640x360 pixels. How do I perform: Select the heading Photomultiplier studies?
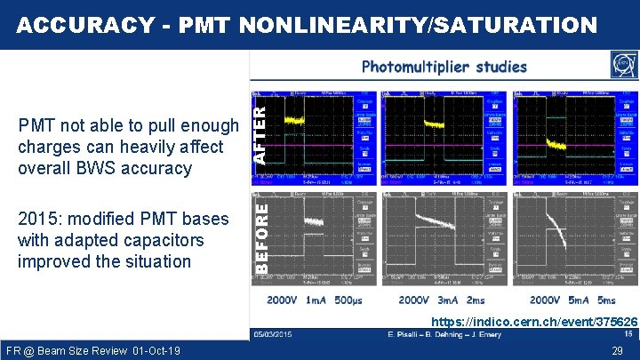pyautogui.click(x=444, y=67)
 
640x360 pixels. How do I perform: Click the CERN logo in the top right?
pyautogui.click(x=623, y=66)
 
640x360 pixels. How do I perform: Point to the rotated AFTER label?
pyautogui.click(x=260, y=130)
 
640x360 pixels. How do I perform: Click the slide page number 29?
pyautogui.click(x=616, y=351)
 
